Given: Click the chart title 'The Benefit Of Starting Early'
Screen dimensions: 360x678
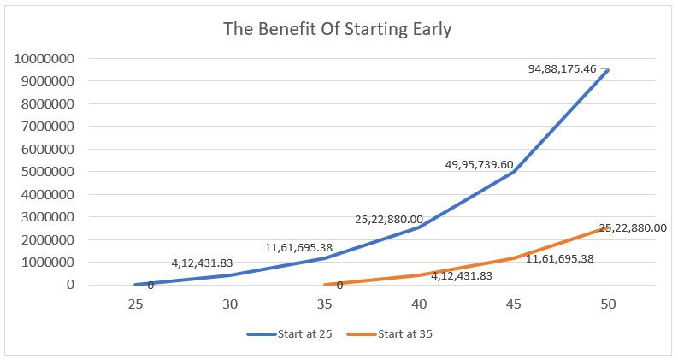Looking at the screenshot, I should coord(337,28).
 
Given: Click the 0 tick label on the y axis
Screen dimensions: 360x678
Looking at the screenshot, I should coord(72,285).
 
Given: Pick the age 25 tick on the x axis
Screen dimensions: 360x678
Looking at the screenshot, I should coord(135,304).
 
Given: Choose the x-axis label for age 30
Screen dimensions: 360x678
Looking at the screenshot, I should coord(230,304).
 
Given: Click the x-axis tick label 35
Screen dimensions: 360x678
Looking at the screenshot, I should coord(325,304).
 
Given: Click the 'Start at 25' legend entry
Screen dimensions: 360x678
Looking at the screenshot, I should coord(291,334).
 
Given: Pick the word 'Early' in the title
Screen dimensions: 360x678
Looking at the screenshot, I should coord(431,28).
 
